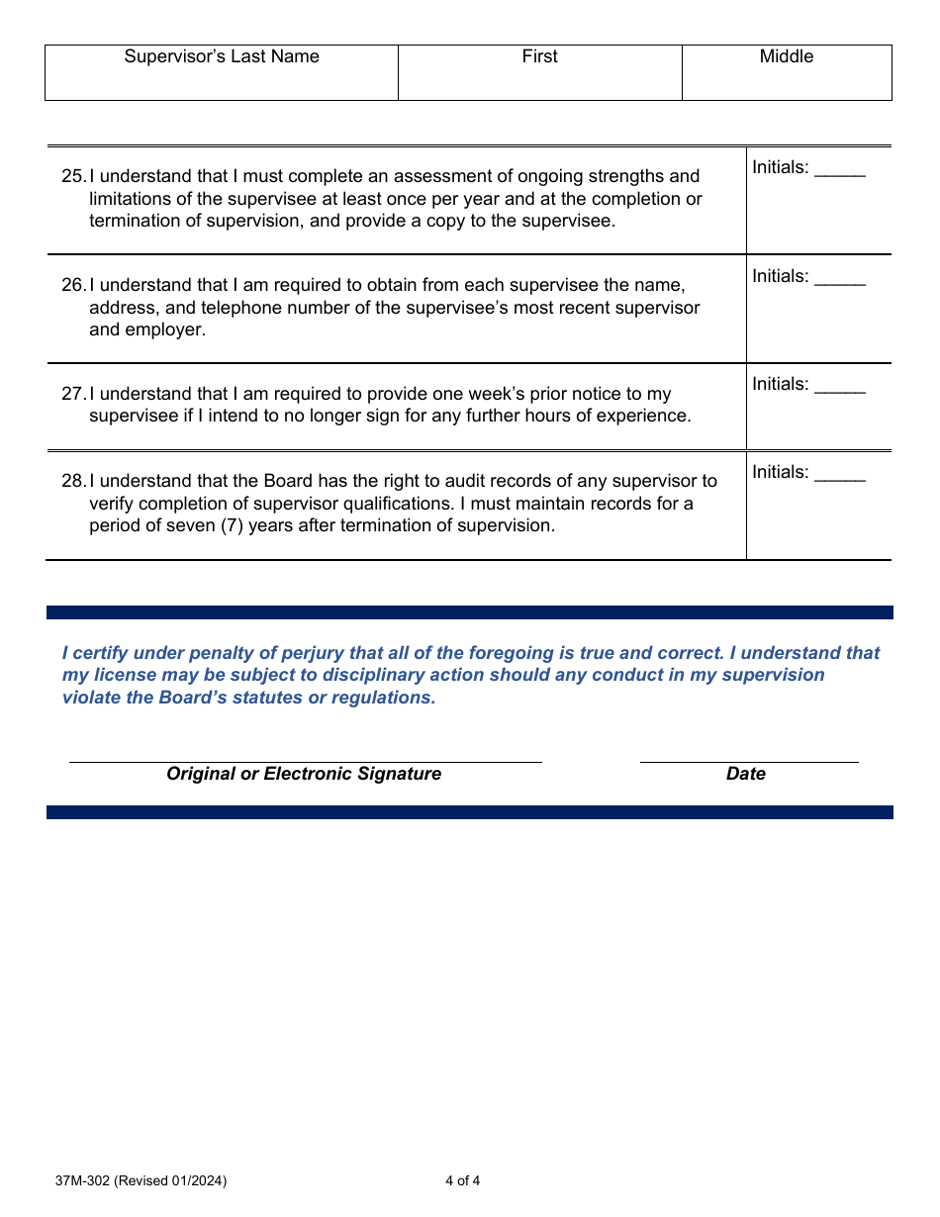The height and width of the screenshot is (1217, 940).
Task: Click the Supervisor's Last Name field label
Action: click(222, 56)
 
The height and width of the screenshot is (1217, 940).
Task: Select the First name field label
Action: click(539, 56)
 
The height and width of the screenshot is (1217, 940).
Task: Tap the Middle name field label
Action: click(786, 56)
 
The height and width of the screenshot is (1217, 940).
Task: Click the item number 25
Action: click(73, 176)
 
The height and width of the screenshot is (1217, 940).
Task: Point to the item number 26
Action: click(73, 285)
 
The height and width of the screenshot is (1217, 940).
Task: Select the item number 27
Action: click(73, 394)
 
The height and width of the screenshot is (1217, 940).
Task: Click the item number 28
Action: click(73, 481)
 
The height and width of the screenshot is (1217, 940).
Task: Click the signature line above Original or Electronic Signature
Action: click(305, 761)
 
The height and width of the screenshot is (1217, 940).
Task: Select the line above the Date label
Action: click(748, 761)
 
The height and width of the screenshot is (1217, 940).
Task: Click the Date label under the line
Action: click(745, 774)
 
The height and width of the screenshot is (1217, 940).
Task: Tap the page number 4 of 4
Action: click(462, 1180)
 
